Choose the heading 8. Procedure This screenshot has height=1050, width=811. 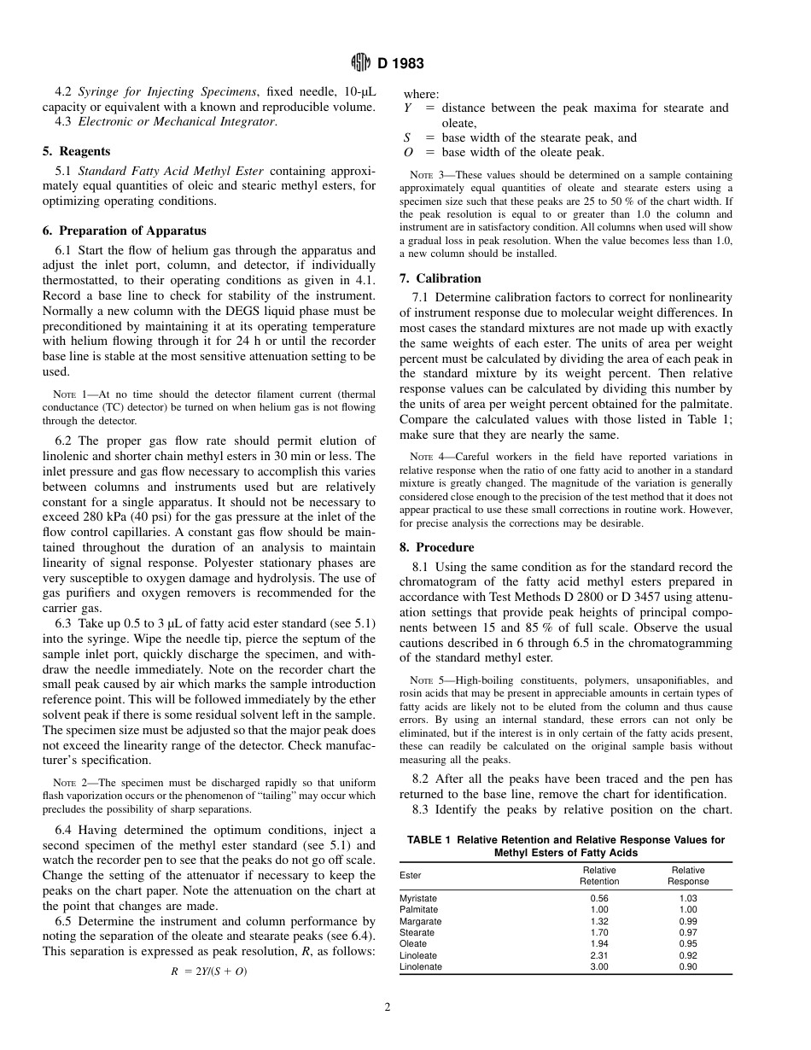(x=436, y=547)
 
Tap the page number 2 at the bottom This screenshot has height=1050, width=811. (x=387, y=1007)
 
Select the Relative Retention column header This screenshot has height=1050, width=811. (x=599, y=876)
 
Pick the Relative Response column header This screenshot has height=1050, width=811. (x=688, y=876)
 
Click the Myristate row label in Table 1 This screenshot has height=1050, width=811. (x=418, y=898)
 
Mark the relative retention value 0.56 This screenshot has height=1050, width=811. (x=599, y=898)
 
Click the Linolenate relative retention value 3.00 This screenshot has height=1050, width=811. (x=599, y=967)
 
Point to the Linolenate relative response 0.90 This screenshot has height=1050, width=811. (x=688, y=967)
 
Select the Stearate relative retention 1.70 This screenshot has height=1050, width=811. (x=599, y=933)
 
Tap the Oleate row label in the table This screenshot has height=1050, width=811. (x=413, y=944)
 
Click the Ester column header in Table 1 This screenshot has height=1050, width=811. (x=411, y=875)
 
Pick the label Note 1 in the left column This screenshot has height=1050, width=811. (x=66, y=394)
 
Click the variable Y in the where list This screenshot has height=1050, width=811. (x=407, y=108)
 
